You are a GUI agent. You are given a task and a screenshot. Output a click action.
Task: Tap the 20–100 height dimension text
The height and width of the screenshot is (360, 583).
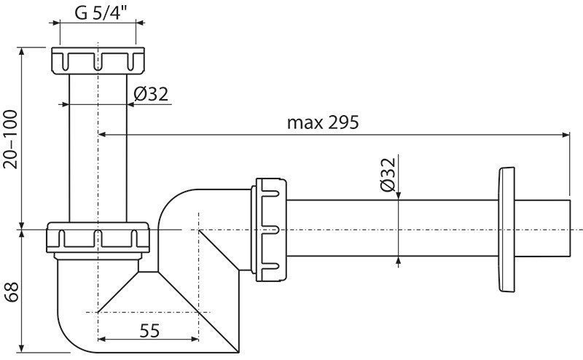pos(11,139)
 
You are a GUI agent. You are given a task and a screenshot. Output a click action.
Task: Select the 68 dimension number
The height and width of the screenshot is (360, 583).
pos(12,292)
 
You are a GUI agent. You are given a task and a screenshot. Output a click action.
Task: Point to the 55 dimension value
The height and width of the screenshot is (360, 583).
pos(149,331)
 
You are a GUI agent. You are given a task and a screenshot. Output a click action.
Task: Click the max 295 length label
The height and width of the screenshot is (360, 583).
pos(323,122)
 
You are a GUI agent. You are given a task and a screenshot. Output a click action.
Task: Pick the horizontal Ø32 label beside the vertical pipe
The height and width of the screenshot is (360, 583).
pos(151,95)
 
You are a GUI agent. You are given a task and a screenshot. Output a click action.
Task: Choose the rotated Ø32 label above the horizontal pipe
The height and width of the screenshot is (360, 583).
pos(388,174)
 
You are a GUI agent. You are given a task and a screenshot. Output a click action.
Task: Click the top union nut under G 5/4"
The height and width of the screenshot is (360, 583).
pos(98,60)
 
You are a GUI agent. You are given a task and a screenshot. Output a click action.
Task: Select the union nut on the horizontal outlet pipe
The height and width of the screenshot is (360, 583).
pos(269,230)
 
